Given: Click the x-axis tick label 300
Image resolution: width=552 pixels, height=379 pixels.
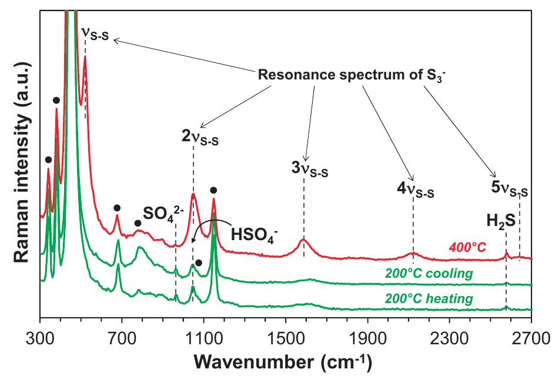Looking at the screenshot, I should (x=40, y=339).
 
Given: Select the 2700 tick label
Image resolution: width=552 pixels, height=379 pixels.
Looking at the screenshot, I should (x=531, y=339).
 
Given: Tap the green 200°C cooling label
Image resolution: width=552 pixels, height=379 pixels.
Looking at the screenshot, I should (x=429, y=273).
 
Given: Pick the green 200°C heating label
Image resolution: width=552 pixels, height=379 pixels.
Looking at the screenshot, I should (x=429, y=299).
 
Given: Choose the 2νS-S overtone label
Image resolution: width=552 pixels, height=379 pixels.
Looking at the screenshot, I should (x=200, y=138).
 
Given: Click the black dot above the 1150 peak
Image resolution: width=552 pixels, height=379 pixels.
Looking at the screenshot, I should (x=213, y=190).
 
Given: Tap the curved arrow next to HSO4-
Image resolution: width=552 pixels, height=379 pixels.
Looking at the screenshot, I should (x=203, y=228).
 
